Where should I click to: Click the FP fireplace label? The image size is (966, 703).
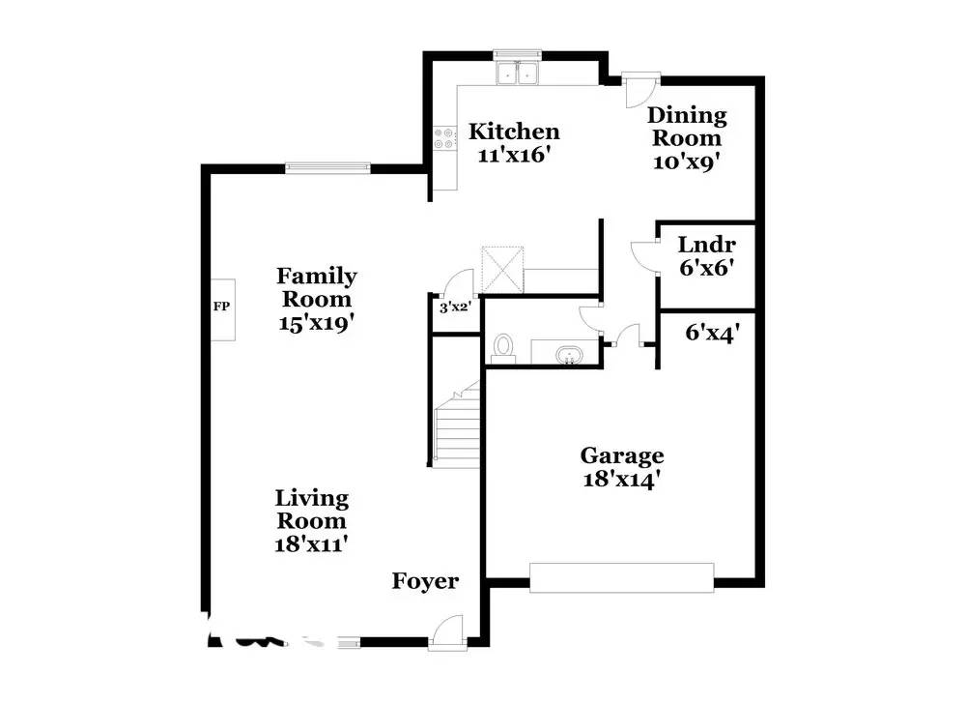222,306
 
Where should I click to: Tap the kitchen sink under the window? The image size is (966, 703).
518,73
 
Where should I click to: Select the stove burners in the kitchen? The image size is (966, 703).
444,138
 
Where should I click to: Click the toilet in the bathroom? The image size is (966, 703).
503,348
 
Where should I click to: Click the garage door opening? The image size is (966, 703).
621,578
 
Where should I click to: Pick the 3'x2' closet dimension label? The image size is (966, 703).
455,307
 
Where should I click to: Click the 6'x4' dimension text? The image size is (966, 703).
712,333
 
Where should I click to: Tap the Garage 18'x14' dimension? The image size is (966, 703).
621,480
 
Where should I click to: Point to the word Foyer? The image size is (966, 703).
425,581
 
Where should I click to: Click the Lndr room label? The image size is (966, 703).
707,245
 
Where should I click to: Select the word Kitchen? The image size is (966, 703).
514,132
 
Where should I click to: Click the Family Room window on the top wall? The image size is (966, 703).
327,167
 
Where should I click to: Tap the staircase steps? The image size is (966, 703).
457,425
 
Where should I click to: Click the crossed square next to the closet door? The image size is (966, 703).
502,270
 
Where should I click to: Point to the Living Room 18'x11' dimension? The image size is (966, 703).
311,544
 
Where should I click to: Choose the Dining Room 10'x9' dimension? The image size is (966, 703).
686,161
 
